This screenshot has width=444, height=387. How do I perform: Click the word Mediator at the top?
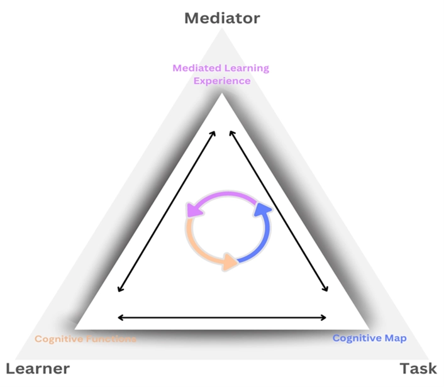coord(221,18)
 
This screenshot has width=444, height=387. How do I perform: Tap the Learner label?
coord(38,369)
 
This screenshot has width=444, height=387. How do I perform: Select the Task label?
coord(418,369)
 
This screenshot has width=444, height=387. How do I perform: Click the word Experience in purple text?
coord(221,80)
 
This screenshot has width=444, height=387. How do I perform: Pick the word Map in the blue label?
coord(396,338)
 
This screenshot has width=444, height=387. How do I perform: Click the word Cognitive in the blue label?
coord(357,338)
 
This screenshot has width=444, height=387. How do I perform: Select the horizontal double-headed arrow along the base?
coord(222,317)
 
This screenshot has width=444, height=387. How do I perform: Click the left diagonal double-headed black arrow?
coord(167,211)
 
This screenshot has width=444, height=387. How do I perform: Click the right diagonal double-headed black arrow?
coord(278,211)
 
